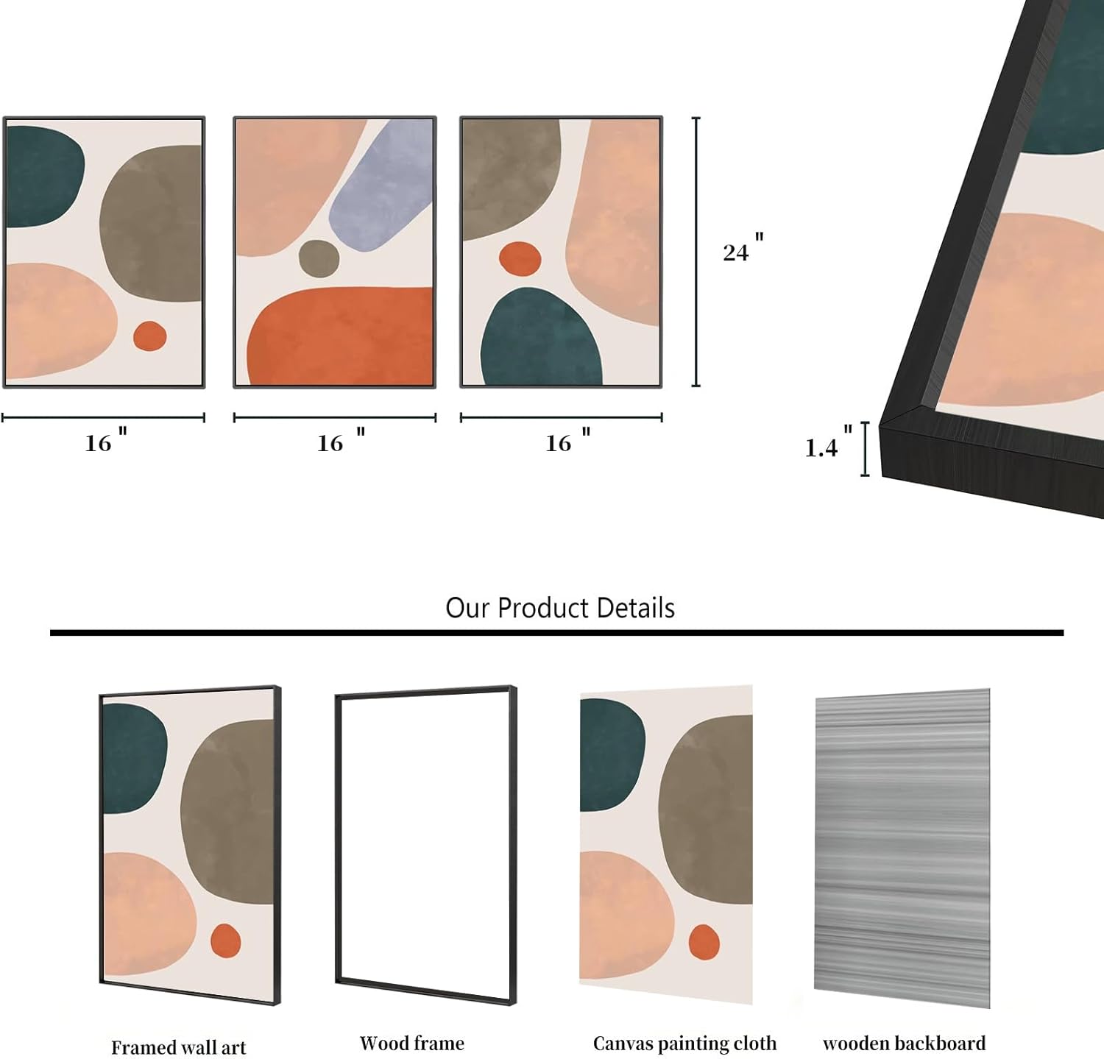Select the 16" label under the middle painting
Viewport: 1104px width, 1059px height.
[x=341, y=439]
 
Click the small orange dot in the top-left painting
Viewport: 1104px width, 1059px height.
[x=149, y=336]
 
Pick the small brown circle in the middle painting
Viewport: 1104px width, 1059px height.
[x=319, y=258]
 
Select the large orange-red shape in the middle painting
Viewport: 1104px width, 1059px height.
[x=340, y=336]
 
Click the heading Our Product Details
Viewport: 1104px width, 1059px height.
[x=560, y=608]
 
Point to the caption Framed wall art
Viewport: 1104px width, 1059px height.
[x=179, y=1046]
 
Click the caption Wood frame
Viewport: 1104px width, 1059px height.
[x=412, y=1043]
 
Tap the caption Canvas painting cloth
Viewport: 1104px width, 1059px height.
[x=684, y=1044]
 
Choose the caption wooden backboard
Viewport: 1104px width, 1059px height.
[x=904, y=1043]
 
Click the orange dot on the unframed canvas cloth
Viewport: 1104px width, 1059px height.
[x=704, y=942]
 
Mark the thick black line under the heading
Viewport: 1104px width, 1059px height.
[x=556, y=632]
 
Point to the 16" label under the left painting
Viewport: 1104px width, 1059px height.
[x=106, y=439]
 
